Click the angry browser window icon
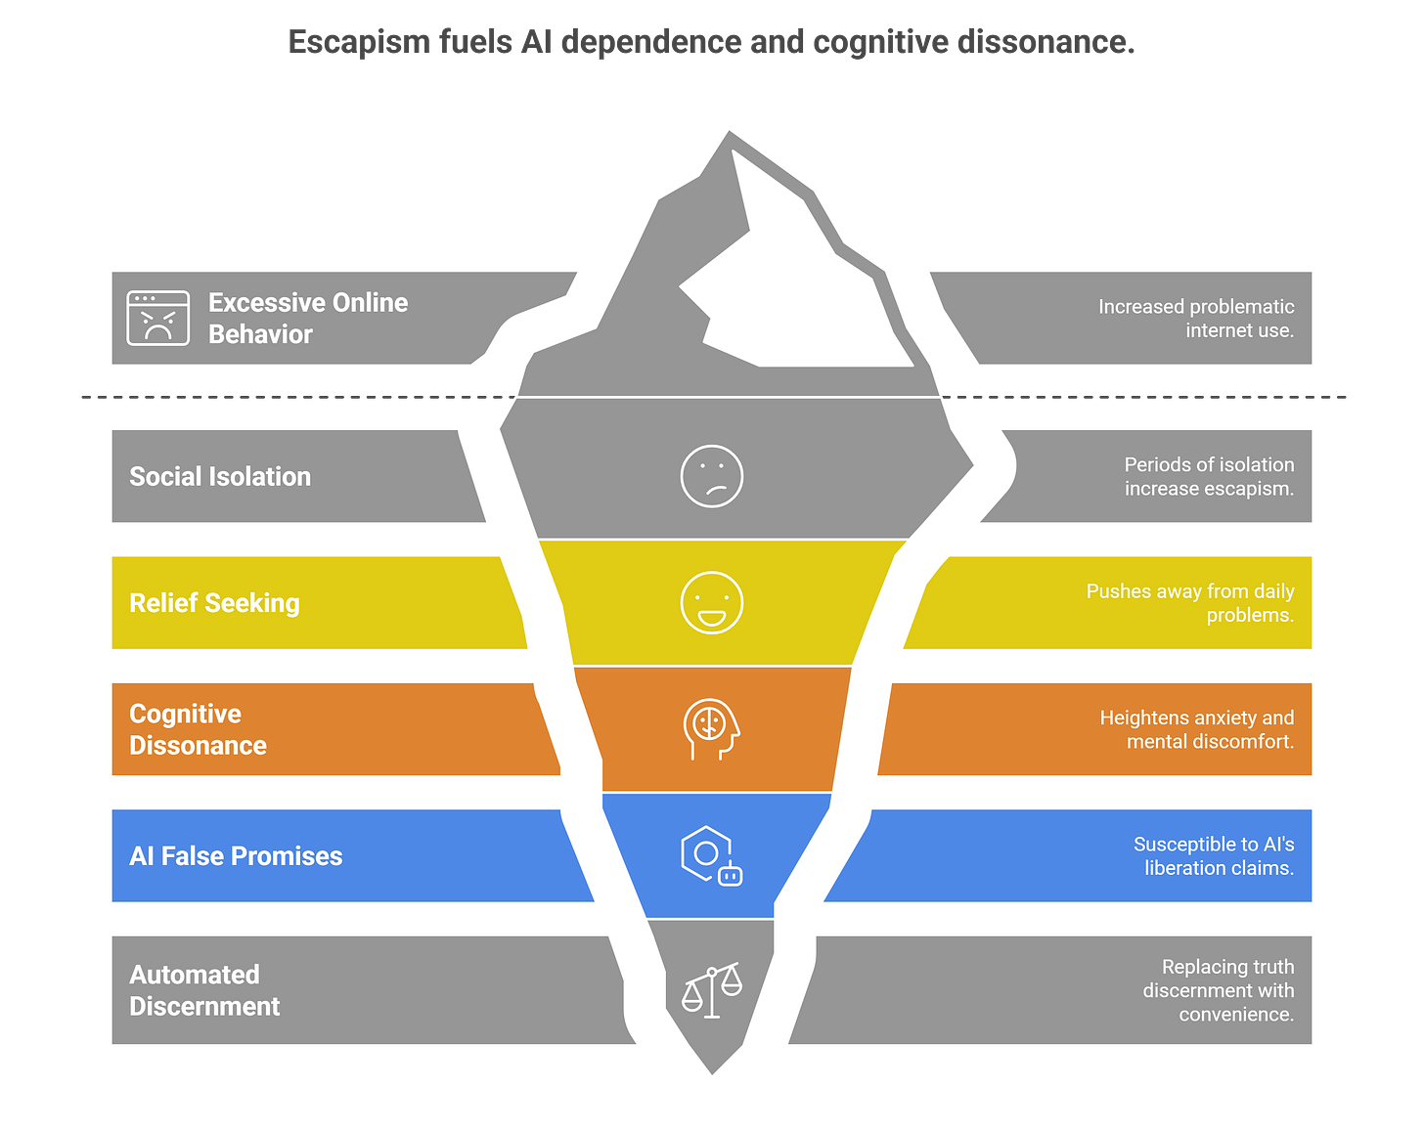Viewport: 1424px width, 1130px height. pyautogui.click(x=157, y=318)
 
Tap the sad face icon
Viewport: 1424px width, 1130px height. pyautogui.click(x=712, y=476)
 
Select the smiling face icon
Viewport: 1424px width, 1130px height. pyautogui.click(x=712, y=602)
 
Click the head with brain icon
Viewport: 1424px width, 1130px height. pyautogui.click(x=711, y=728)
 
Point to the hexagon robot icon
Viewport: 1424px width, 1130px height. pyautogui.click(x=711, y=855)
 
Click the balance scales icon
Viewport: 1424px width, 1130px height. pyautogui.click(x=712, y=990)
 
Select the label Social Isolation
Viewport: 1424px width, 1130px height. pyautogui.click(x=220, y=476)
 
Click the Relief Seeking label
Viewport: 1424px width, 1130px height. pyautogui.click(x=214, y=603)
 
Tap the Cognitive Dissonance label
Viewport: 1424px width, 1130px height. pyautogui.click(x=198, y=729)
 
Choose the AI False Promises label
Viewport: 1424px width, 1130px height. pyautogui.click(x=236, y=856)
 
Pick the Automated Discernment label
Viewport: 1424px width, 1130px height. pyautogui.click(x=204, y=990)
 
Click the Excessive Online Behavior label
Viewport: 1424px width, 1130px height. pyautogui.click(x=308, y=318)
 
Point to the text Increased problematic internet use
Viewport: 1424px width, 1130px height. pyautogui.click(x=1195, y=319)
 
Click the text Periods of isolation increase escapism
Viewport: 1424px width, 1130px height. pyautogui.click(x=1209, y=476)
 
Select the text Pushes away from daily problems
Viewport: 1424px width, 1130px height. pyautogui.click(x=1189, y=603)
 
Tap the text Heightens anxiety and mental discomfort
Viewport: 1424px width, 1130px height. pyautogui.click(x=1196, y=729)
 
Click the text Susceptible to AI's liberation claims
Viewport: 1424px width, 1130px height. pyautogui.click(x=1213, y=856)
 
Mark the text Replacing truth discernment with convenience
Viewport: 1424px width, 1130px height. pyautogui.click(x=1218, y=990)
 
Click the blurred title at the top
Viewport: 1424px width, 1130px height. pyautogui.click(x=711, y=42)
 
